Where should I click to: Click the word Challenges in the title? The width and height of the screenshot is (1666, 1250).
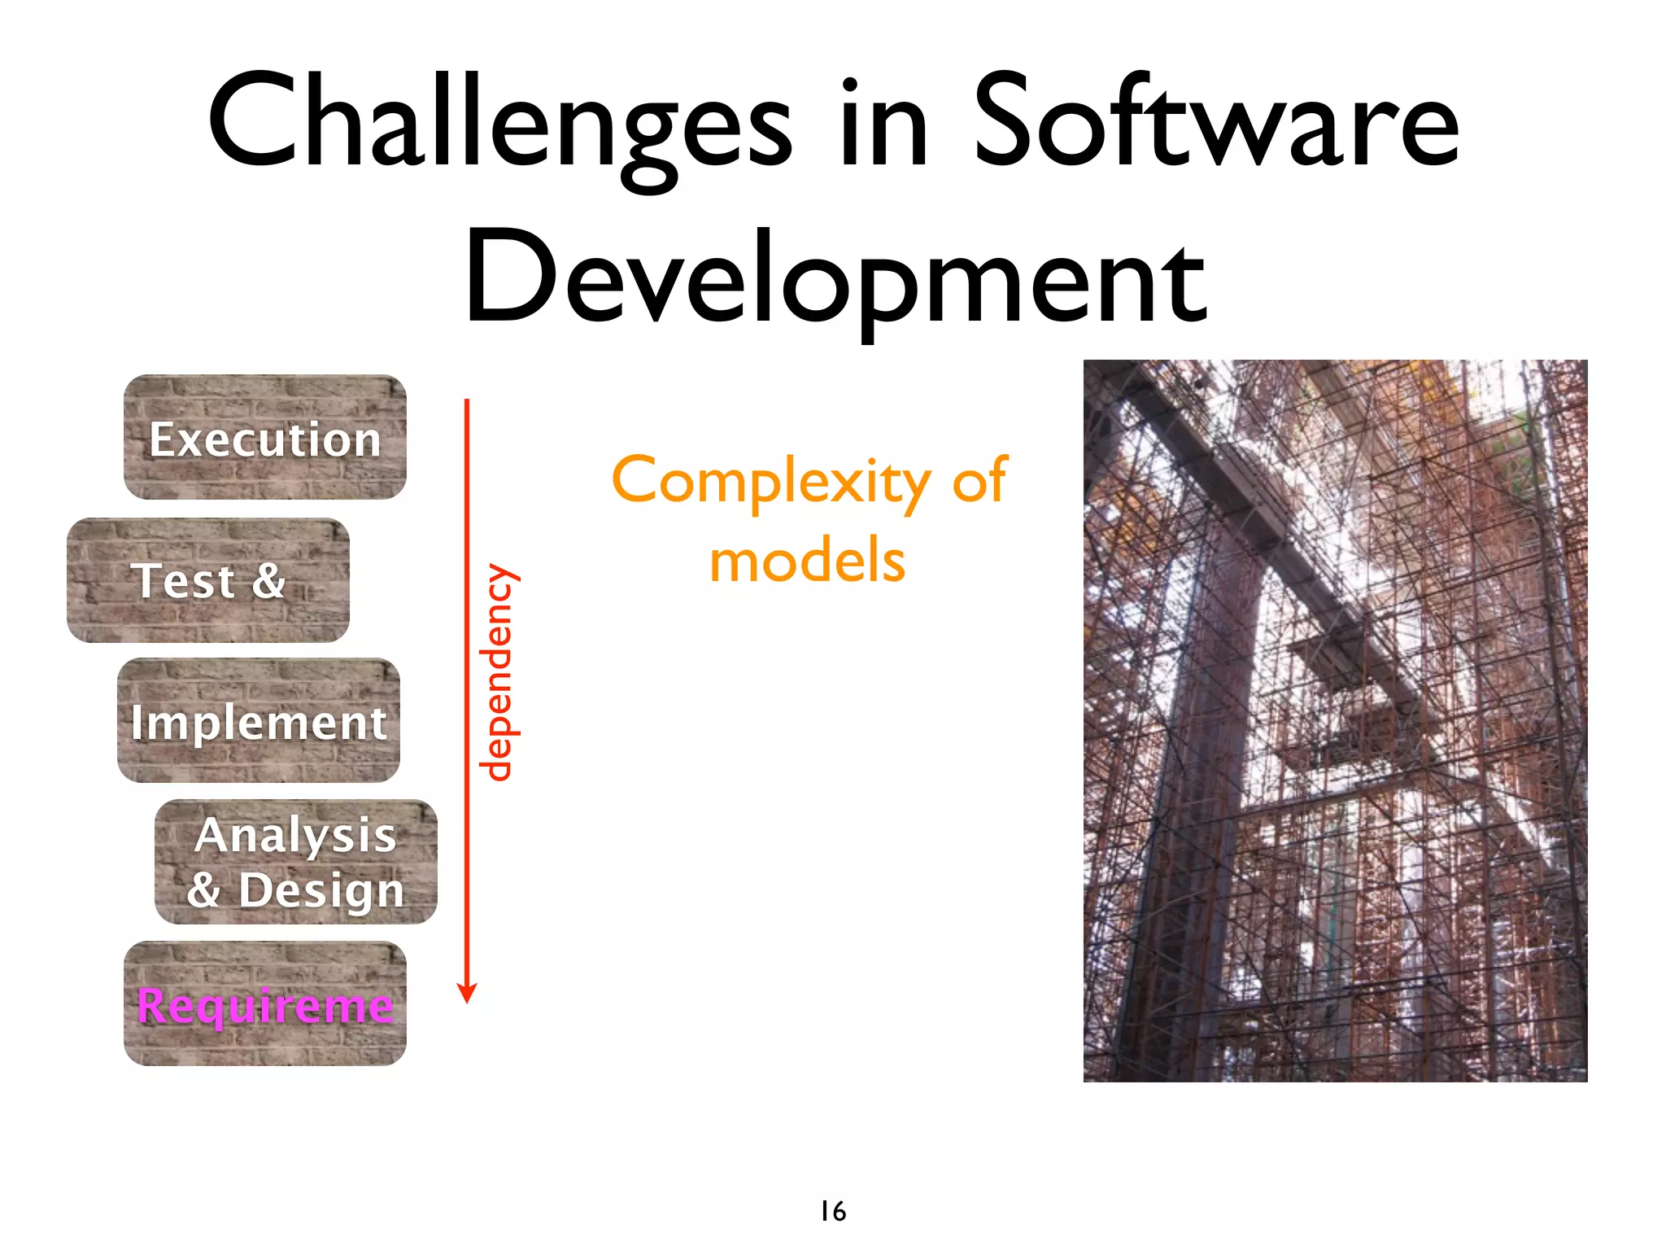click(498, 122)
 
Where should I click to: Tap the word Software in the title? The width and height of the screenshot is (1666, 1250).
click(1215, 122)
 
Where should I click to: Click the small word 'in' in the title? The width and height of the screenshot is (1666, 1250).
click(883, 122)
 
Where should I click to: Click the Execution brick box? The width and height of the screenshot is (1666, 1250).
click(264, 438)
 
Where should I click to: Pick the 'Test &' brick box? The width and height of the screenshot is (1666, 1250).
click(208, 580)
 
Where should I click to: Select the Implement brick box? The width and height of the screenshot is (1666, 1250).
click(259, 721)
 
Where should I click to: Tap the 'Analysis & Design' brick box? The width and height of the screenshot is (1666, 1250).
click(296, 862)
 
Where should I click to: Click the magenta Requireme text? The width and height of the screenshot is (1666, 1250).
click(265, 1006)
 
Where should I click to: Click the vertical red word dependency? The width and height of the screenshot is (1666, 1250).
click(497, 672)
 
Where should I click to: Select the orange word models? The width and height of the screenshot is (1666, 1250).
click(807, 562)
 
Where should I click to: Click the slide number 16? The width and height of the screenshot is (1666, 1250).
click(833, 1211)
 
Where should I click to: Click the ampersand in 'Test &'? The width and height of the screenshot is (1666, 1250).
click(268, 580)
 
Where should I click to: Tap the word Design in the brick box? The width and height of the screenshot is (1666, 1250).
click(321, 890)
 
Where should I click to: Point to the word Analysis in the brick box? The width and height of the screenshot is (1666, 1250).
click(295, 835)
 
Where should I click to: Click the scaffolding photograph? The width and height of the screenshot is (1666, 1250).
click(1335, 721)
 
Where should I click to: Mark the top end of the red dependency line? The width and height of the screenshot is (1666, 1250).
click(467, 400)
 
